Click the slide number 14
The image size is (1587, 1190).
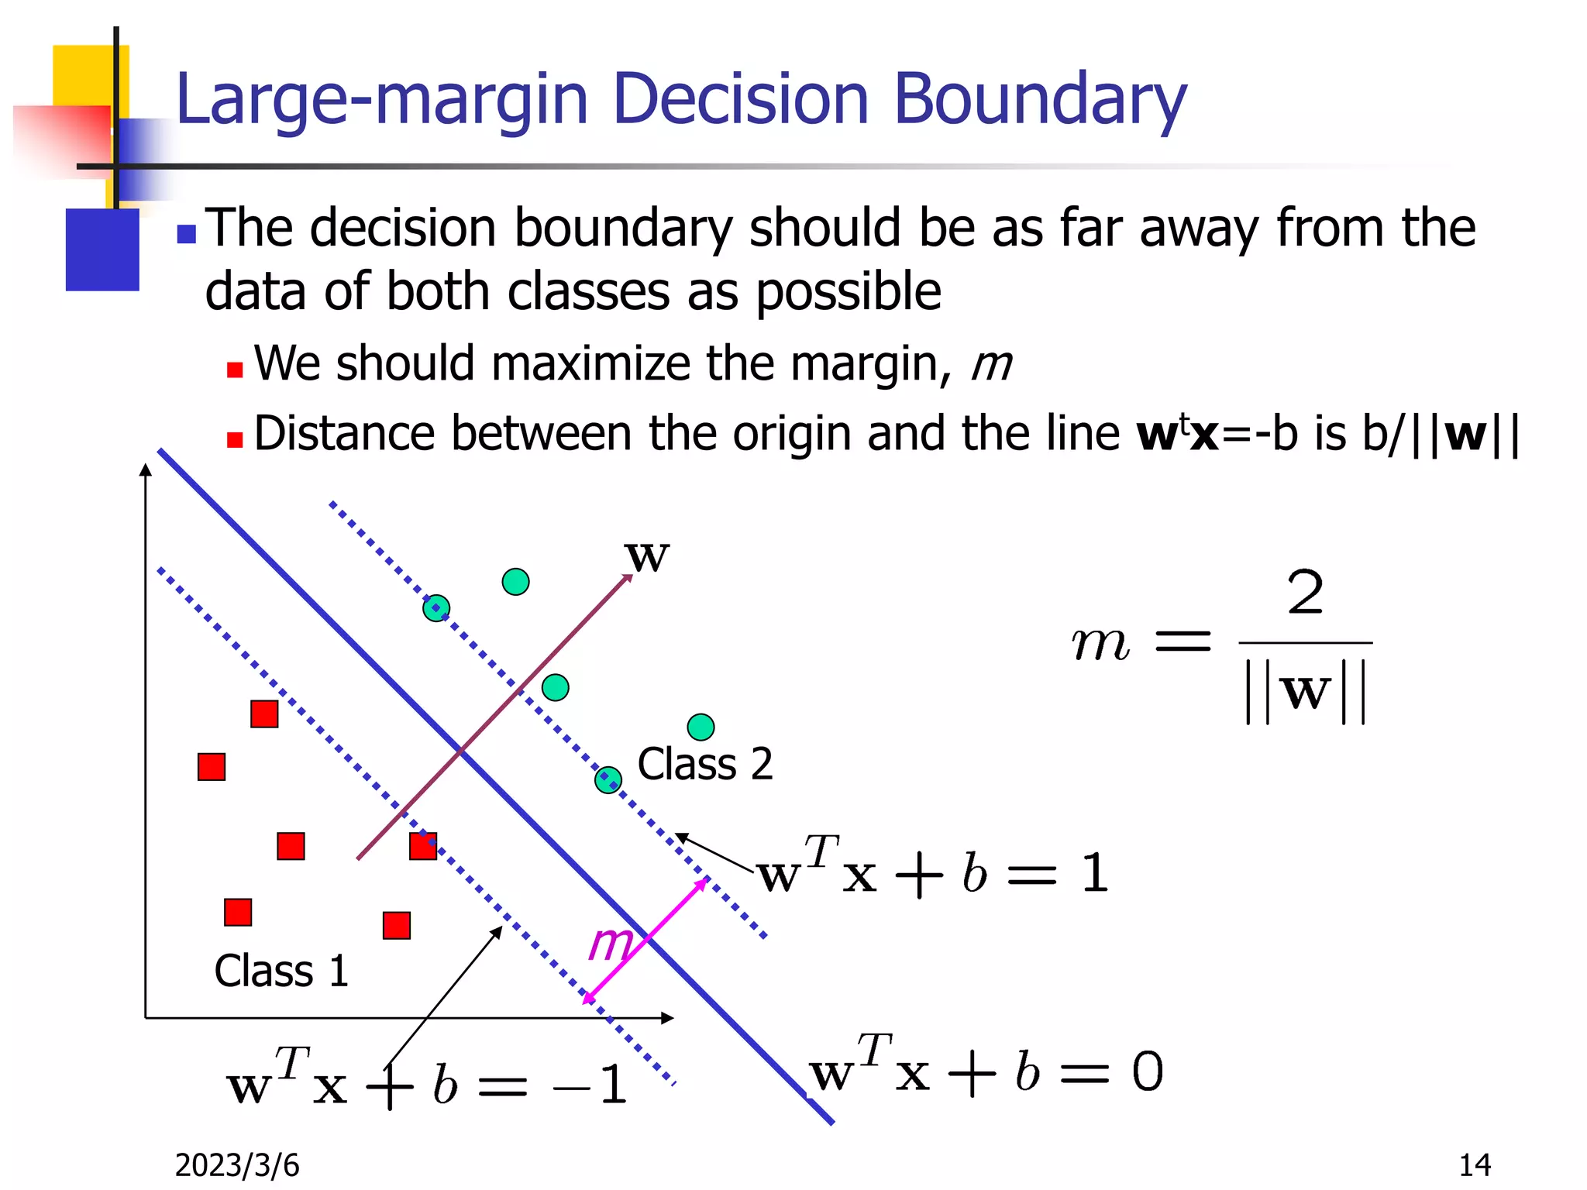click(x=1475, y=1165)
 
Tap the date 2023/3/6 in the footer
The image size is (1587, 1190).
click(x=236, y=1165)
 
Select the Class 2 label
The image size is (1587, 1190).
click(x=704, y=764)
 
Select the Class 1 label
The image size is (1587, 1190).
click(x=281, y=971)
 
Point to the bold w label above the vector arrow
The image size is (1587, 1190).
click(x=646, y=556)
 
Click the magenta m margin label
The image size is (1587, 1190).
click(x=610, y=944)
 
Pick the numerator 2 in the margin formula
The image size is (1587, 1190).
click(x=1306, y=593)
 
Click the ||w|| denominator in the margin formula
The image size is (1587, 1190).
click(x=1306, y=691)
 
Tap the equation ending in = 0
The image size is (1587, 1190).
click(x=986, y=1072)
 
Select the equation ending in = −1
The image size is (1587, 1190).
click(x=426, y=1083)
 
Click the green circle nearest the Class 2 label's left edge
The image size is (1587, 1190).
click(x=608, y=780)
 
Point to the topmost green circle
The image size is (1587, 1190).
click(x=515, y=582)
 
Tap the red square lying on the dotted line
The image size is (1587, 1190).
click(x=423, y=846)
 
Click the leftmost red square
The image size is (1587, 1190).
click(x=212, y=767)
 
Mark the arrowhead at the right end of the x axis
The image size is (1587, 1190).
click(x=668, y=1018)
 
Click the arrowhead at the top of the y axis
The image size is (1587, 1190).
click(x=146, y=469)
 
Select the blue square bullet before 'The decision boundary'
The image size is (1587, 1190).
click(x=186, y=233)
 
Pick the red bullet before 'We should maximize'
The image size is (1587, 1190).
click(x=235, y=370)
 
